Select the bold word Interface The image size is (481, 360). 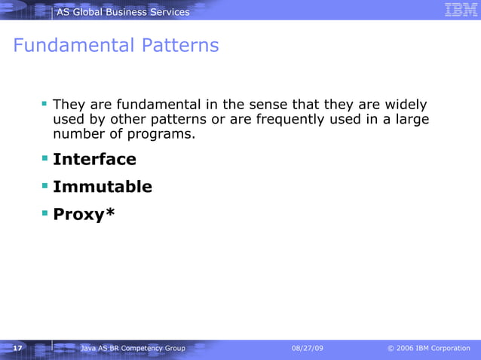[94, 160]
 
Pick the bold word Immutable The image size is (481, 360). [103, 187]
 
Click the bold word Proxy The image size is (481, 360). [78, 215]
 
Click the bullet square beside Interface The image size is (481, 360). [45, 159]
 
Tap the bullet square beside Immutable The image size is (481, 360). [45, 186]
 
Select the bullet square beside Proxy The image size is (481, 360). [45, 213]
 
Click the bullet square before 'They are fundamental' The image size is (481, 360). [45, 103]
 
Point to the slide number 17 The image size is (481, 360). [17, 348]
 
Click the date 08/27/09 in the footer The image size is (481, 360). [308, 348]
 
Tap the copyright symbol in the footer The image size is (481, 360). [391, 348]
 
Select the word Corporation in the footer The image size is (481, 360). [451, 348]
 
